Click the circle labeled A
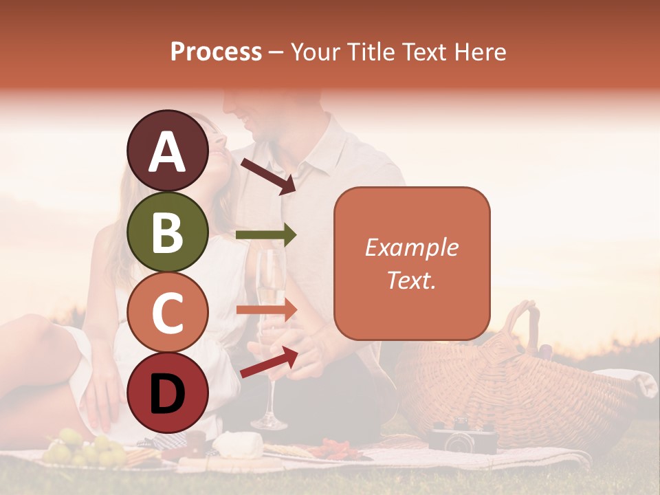click(x=168, y=151)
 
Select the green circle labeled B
click(x=168, y=232)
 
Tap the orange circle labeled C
click(x=168, y=313)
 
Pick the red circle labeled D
click(x=168, y=393)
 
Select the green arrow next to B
click(x=266, y=235)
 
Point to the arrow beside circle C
click(x=266, y=309)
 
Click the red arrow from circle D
click(x=269, y=363)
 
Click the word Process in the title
click(x=216, y=52)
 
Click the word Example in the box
click(x=412, y=247)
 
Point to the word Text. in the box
click(x=412, y=280)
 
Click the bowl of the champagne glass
click(x=272, y=282)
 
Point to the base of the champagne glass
click(x=269, y=421)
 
